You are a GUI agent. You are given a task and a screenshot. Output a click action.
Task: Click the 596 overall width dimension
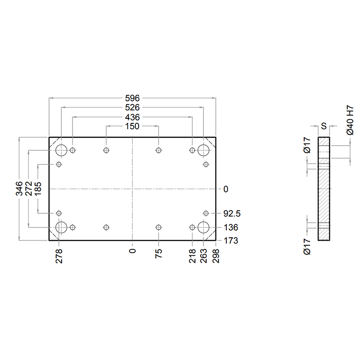pos(132,98)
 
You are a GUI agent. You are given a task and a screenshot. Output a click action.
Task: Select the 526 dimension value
pos(132,108)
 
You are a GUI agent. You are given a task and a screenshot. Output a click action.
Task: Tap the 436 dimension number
pos(132,117)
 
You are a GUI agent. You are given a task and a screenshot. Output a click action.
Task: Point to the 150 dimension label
pos(132,126)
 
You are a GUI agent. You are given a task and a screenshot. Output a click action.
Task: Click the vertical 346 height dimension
pos(19,189)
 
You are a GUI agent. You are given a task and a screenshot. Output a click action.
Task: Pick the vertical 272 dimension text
pos(28,189)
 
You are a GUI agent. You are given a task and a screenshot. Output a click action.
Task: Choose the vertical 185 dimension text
pos(38,189)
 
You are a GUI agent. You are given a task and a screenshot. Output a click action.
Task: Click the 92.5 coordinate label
pos(232,214)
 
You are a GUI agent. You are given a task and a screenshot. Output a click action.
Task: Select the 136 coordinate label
pos(231,228)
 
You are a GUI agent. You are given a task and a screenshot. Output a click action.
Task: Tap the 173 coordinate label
pos(231,241)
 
